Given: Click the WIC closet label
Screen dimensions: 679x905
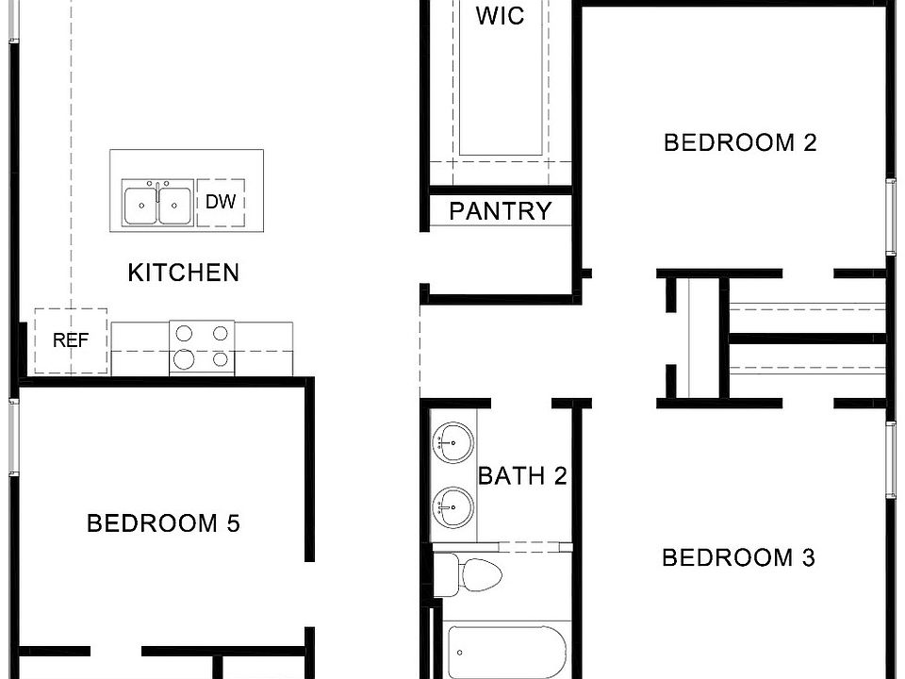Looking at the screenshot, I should pyautogui.click(x=500, y=16).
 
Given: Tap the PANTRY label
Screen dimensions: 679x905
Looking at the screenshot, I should pyautogui.click(x=500, y=211).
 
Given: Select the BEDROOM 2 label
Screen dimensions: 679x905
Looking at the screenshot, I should pyautogui.click(x=740, y=142).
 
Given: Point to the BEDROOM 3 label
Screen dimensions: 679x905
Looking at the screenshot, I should pyautogui.click(x=738, y=557).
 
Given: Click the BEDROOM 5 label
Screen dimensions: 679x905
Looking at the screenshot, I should pyautogui.click(x=164, y=522).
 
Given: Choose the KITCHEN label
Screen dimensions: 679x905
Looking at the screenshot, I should pyautogui.click(x=183, y=273).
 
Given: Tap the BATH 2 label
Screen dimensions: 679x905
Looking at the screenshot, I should pyautogui.click(x=522, y=475).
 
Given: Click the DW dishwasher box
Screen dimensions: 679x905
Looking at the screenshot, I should pyautogui.click(x=221, y=202).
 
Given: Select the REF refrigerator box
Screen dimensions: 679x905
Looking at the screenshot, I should pyautogui.click(x=71, y=340).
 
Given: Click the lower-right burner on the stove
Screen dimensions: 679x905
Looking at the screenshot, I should pyautogui.click(x=221, y=358).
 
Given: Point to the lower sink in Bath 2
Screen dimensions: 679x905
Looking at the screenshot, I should pyautogui.click(x=452, y=507).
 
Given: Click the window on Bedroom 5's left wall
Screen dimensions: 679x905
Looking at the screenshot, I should pyautogui.click(x=12, y=435).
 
